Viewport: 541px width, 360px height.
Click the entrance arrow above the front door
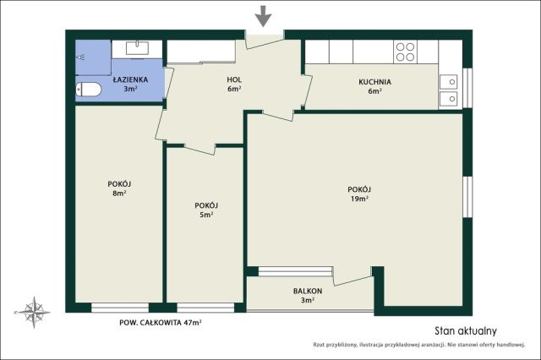[264, 16]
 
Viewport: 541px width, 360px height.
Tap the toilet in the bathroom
[88, 90]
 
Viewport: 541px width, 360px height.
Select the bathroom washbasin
[137, 48]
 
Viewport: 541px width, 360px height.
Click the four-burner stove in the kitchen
[405, 52]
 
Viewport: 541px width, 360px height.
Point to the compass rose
[34, 312]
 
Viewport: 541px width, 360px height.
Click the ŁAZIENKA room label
[130, 79]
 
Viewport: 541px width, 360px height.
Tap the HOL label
[234, 79]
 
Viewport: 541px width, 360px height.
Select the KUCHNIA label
[374, 82]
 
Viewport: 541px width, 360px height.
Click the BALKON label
[308, 291]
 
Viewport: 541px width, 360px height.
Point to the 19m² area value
[359, 199]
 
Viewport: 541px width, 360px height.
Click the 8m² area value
[119, 194]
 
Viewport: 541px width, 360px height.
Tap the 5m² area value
[206, 215]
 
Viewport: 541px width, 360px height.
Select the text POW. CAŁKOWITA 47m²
[161, 323]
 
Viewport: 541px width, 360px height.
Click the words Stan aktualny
[466, 331]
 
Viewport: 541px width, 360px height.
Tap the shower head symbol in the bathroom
[82, 57]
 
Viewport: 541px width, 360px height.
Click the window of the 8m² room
[120, 308]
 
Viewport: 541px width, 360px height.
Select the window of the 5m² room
[205, 308]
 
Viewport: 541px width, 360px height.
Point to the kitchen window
[467, 88]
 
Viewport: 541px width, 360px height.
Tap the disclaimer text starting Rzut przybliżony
[419, 345]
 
